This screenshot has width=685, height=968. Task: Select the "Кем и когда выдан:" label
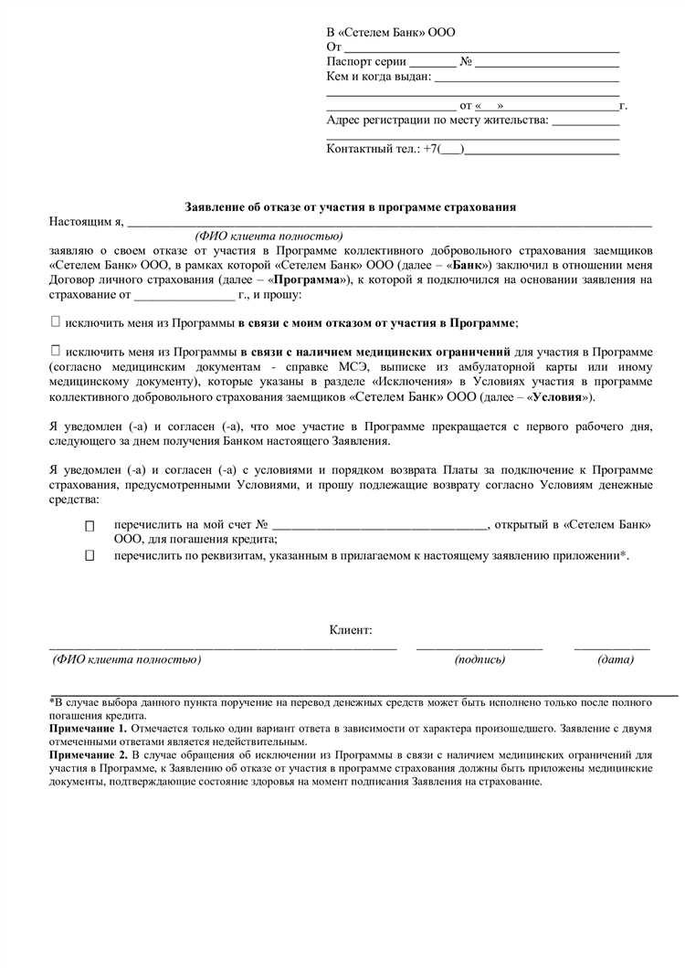(378, 77)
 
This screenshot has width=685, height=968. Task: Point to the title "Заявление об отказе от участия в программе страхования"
(351, 207)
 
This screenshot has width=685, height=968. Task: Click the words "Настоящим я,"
(86, 221)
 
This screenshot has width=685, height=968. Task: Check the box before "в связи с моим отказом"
(56, 322)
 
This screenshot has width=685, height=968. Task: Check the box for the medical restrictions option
(56, 351)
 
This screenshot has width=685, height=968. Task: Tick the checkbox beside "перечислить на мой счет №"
(90, 527)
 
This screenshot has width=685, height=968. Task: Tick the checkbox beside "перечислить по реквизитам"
(90, 555)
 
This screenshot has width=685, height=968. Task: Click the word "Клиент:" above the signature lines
(351, 630)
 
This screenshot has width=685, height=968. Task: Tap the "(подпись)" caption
(479, 659)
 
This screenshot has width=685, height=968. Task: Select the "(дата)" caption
(616, 659)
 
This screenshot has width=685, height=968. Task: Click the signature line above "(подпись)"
(479, 647)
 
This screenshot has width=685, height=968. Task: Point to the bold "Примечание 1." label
(90, 730)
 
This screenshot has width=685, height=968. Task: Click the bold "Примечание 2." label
(90, 757)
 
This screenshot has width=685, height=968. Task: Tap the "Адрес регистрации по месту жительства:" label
(437, 120)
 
